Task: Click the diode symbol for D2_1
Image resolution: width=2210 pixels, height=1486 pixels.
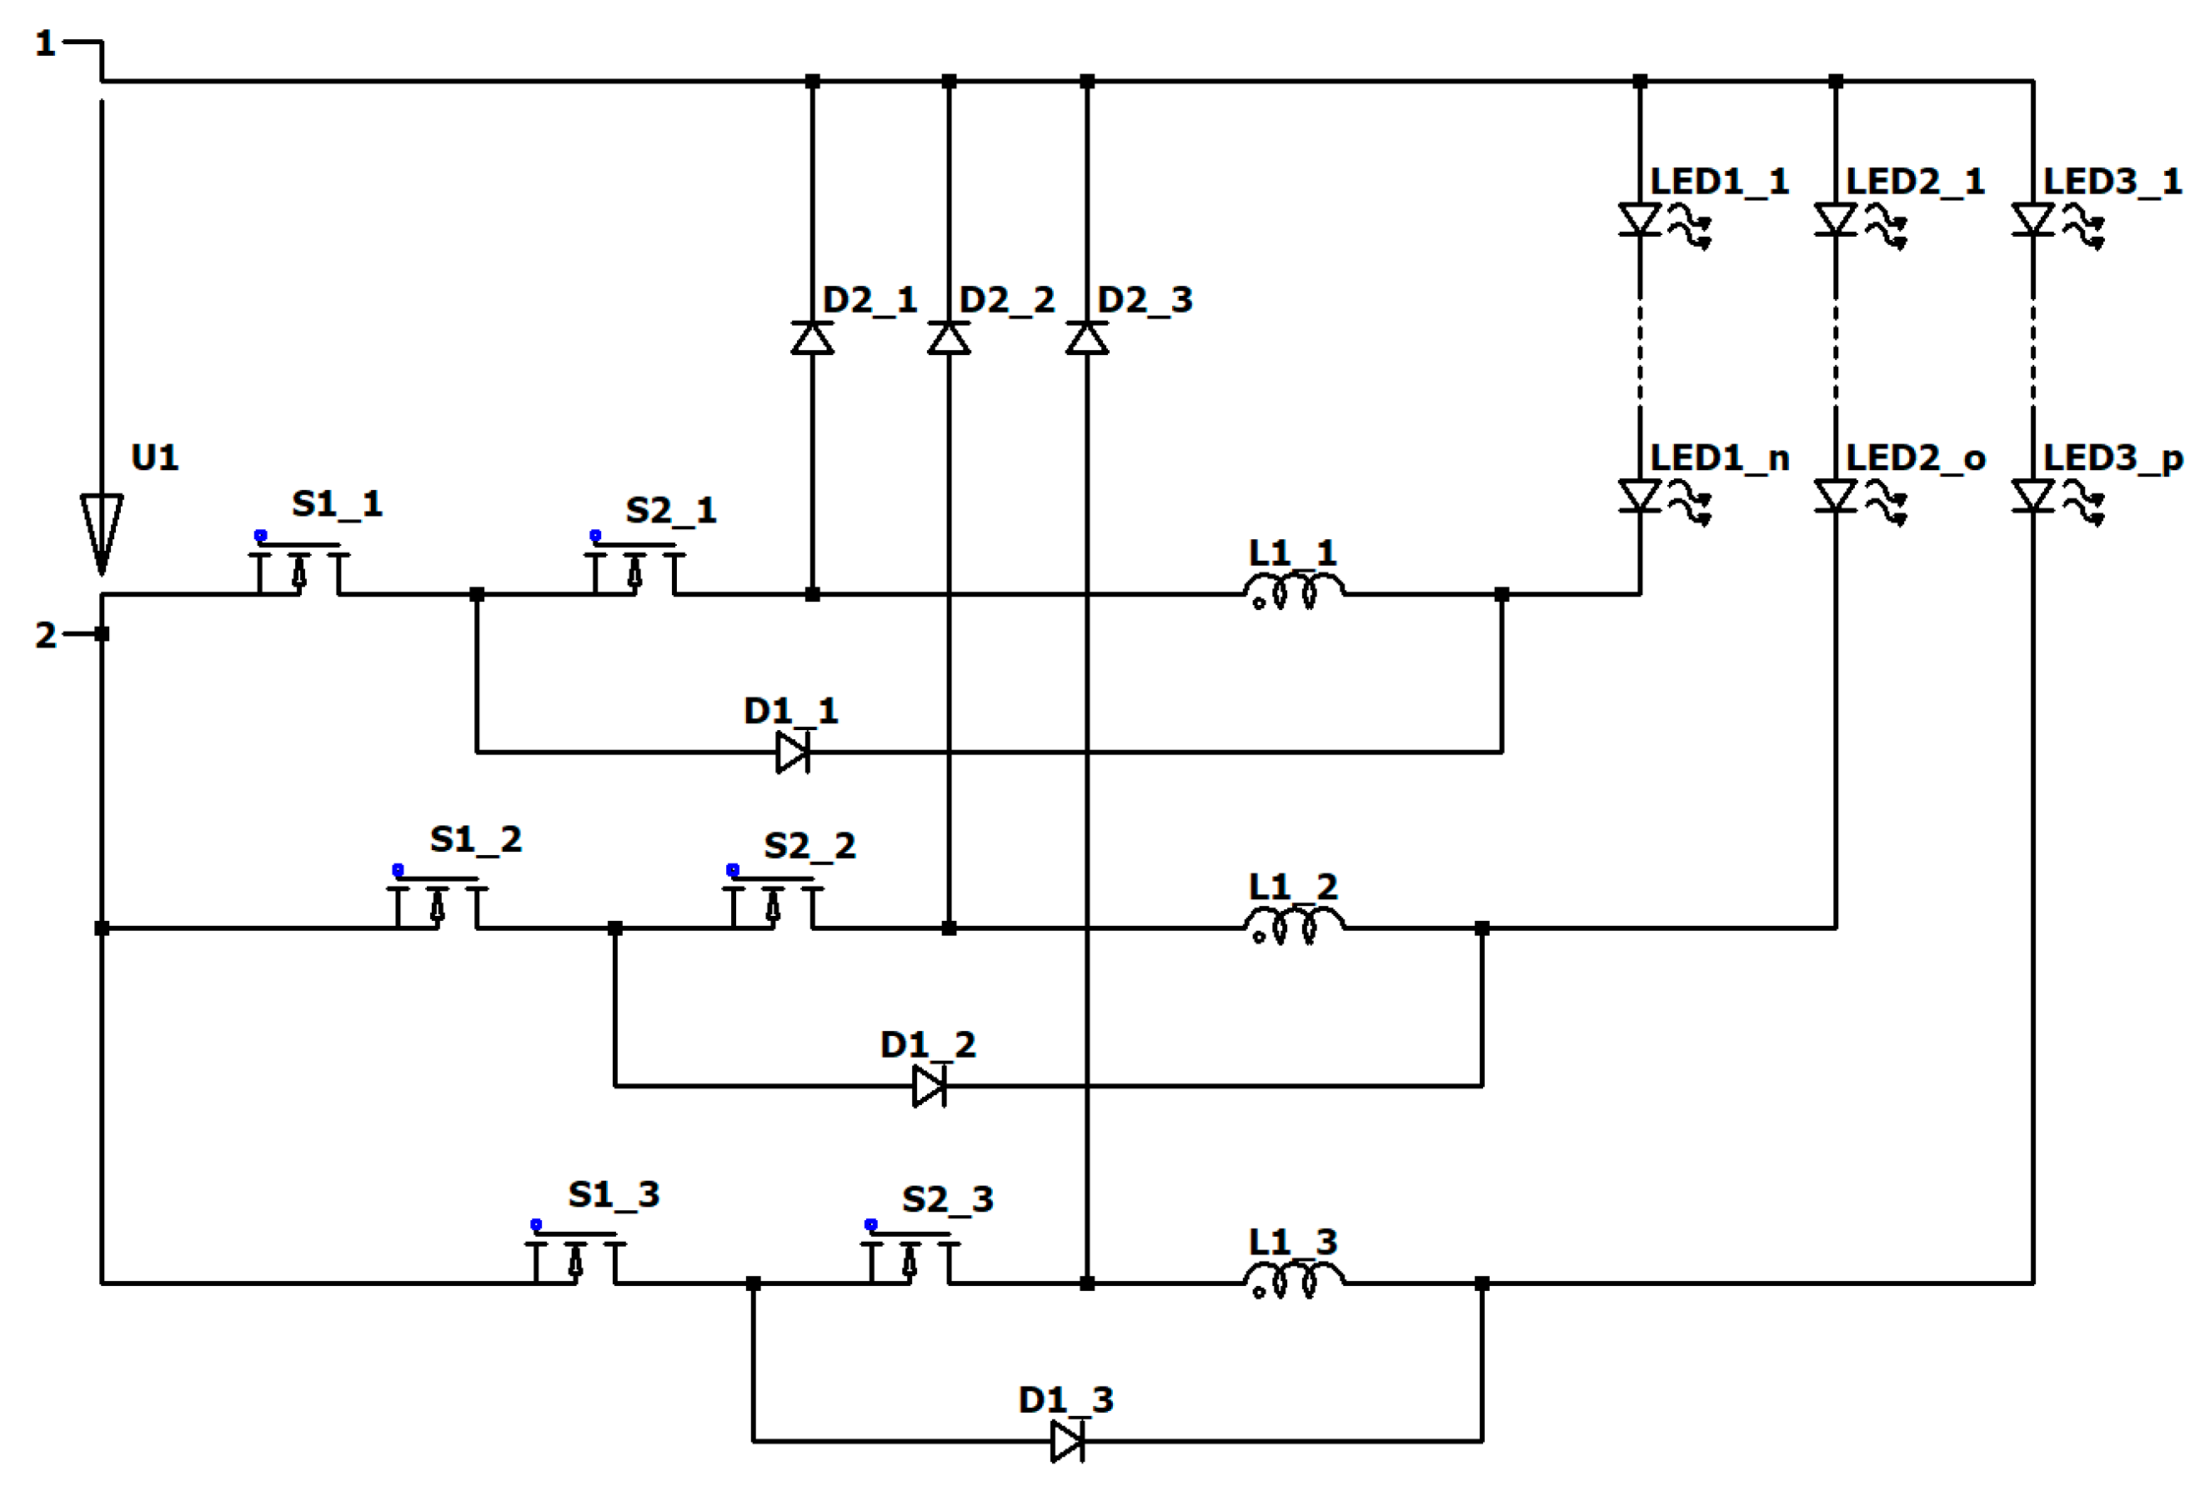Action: pos(812,338)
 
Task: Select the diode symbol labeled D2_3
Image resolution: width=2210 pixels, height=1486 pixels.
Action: pos(1087,338)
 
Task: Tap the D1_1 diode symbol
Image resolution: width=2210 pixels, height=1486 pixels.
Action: pos(793,753)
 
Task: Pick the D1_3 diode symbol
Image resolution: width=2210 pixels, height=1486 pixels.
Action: pos(1068,1442)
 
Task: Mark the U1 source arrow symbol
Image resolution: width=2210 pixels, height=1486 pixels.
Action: pos(102,531)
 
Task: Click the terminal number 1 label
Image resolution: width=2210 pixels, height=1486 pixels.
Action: pos(44,43)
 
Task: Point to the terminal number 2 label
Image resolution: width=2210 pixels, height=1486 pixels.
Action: pos(46,635)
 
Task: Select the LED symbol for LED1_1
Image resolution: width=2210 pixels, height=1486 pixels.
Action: pos(1641,221)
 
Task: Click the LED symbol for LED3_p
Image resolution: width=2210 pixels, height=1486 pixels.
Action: pos(2032,497)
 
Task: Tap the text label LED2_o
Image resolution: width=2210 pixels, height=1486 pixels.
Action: pos(1915,458)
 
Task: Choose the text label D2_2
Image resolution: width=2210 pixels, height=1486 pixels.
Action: pos(1006,300)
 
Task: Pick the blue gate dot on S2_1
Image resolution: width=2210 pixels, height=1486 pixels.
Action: pos(595,535)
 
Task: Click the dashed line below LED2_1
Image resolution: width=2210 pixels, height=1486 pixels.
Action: pos(1836,351)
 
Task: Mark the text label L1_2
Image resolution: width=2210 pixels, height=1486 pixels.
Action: pos(1294,887)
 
